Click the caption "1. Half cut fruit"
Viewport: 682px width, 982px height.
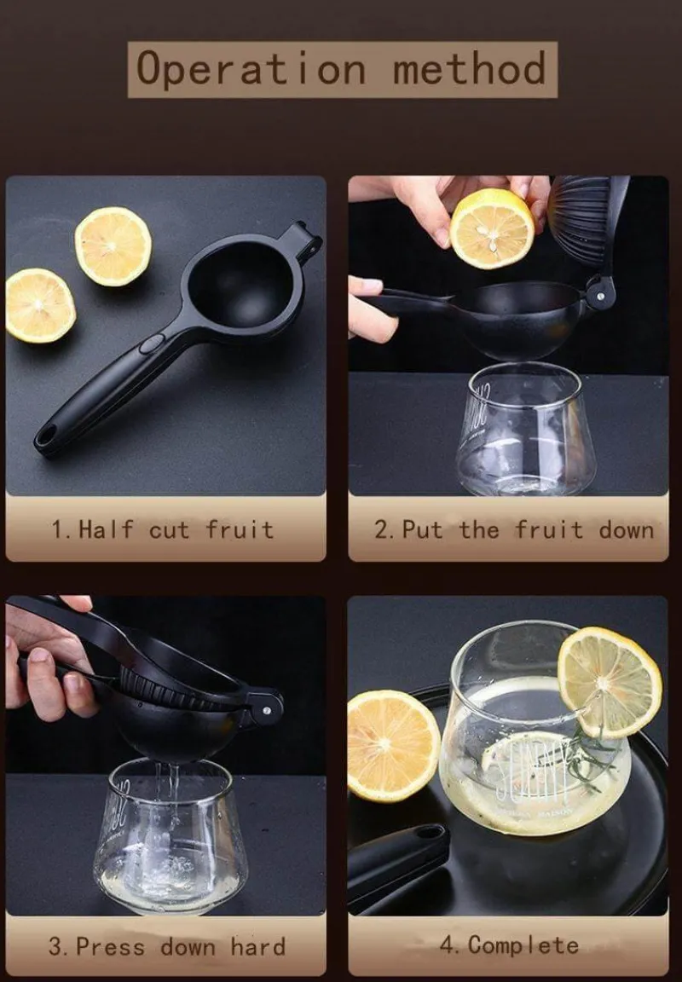[x=163, y=530]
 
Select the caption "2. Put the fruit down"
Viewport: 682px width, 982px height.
[x=514, y=530]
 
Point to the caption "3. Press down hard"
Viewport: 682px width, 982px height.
[x=166, y=946]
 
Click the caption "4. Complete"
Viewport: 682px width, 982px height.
[x=509, y=945]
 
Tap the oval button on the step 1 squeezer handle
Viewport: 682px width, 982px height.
[x=152, y=344]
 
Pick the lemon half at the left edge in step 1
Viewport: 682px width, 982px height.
[x=39, y=306]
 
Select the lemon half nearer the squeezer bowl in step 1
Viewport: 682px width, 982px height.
[x=113, y=246]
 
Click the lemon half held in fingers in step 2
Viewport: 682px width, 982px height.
[x=492, y=228]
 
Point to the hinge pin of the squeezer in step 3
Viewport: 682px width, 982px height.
[x=267, y=710]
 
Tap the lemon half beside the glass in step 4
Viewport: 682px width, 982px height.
[x=393, y=746]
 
